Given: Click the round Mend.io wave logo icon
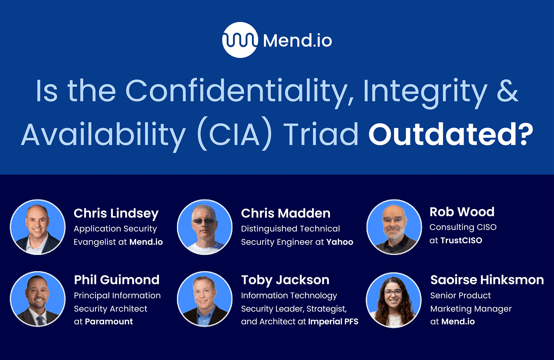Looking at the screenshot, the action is pyautogui.click(x=240, y=40).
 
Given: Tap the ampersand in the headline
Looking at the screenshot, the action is pyautogui.click(x=507, y=91).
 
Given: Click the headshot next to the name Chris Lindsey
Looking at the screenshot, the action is pyautogui.click(x=38, y=227).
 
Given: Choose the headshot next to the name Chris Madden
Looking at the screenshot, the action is pyautogui.click(x=205, y=227).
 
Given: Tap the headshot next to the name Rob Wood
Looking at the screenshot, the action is pyautogui.click(x=394, y=227).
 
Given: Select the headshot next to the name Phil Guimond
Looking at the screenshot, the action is pyautogui.click(x=38, y=299).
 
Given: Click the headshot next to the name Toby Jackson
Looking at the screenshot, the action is pyautogui.click(x=205, y=299).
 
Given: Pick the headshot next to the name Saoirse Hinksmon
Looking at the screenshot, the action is pyautogui.click(x=394, y=300).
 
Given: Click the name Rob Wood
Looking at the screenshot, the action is pyautogui.click(x=462, y=212).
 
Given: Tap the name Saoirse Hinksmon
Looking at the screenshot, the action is pyautogui.click(x=487, y=280).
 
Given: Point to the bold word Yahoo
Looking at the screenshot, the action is pyautogui.click(x=340, y=242).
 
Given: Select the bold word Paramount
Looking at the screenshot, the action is pyautogui.click(x=109, y=322).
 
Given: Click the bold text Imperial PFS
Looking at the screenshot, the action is pyautogui.click(x=333, y=322).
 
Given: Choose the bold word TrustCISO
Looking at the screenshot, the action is pyautogui.click(x=461, y=240).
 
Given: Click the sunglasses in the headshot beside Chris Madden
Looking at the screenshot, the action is pyautogui.click(x=204, y=221).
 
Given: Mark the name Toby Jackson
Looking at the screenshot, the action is pyautogui.click(x=285, y=280).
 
